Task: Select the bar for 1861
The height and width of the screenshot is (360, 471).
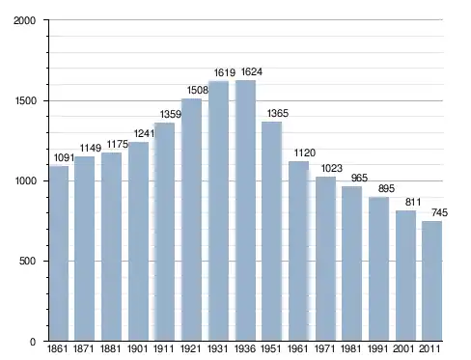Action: (59, 253)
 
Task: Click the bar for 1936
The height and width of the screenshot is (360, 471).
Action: (245, 210)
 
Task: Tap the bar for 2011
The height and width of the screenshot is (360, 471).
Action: (431, 281)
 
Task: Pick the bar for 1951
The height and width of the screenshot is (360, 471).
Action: (271, 232)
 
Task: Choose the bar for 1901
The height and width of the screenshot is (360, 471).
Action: (138, 241)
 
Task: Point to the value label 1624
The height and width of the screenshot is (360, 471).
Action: (252, 71)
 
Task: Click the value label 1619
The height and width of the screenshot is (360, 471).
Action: (225, 72)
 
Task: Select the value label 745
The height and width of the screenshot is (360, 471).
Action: (439, 212)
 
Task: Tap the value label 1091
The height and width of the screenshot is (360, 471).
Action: (64, 157)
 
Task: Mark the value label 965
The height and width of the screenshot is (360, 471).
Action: (359, 178)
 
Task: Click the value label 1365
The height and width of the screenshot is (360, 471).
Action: (278, 113)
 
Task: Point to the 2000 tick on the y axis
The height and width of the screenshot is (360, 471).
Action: (24, 20)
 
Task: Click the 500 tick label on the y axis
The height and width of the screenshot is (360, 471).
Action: (27, 261)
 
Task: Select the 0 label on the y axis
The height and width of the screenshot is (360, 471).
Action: (33, 342)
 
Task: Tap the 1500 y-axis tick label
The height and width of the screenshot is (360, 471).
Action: (25, 101)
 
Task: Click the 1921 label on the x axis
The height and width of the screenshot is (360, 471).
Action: (191, 348)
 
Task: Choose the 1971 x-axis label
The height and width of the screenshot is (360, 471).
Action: (325, 348)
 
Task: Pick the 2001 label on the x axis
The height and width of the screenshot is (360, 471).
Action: (403, 348)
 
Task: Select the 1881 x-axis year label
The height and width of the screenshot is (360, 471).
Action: (110, 348)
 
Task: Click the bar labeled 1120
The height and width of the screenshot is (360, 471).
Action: (298, 251)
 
